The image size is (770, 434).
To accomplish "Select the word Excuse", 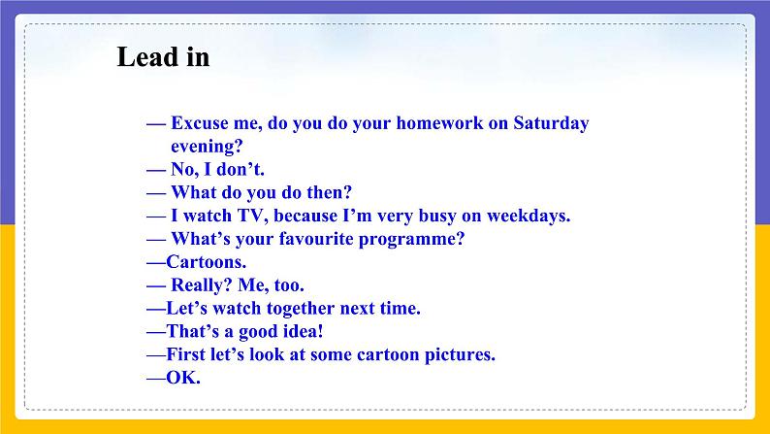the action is pos(200,123).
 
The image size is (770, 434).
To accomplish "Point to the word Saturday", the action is pos(551,123).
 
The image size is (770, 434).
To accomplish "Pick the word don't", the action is pos(241,169).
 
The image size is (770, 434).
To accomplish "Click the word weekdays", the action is pos(529,216).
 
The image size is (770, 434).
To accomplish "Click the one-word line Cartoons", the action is pos(207,262).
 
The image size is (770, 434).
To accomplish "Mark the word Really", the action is pos(202,285).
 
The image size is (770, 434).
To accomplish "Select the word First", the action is pos(185,354).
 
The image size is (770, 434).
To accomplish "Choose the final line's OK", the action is pos(183,378).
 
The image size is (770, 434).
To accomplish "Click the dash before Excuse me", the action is pos(156,124).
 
